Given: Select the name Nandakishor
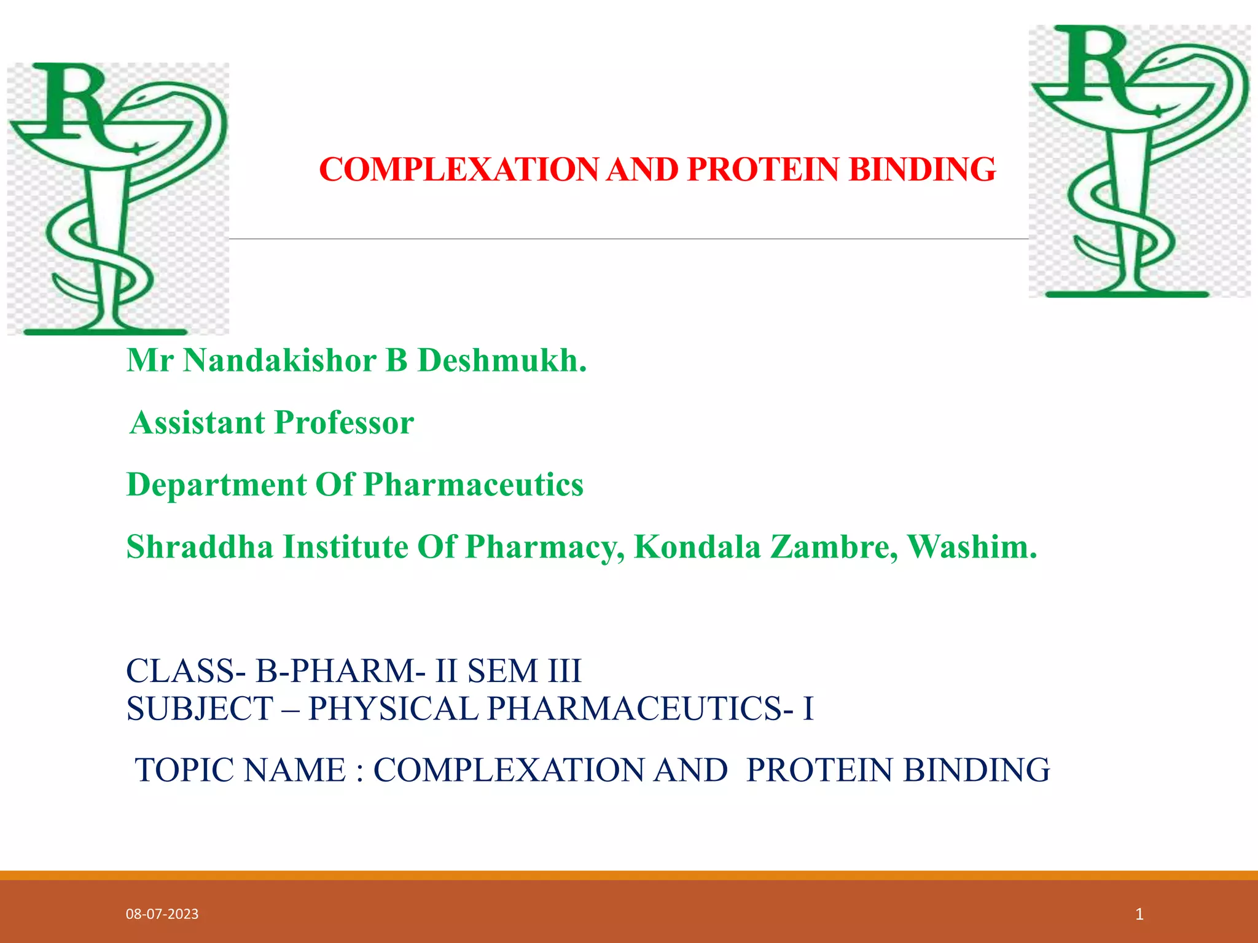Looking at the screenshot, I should (x=279, y=360).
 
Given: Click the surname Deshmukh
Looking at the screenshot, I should (x=502, y=360).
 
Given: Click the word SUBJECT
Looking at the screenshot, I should (x=200, y=708).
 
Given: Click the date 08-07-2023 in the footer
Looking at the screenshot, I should (x=162, y=914).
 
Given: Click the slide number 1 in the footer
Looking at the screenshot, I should (x=1139, y=914).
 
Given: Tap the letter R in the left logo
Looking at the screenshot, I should (x=71, y=101).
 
